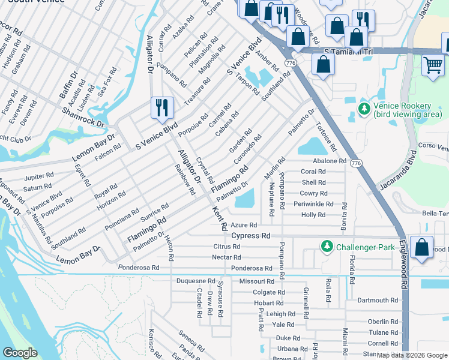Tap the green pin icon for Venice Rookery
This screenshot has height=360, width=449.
(x=363, y=109)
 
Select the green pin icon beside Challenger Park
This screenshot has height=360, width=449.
(x=327, y=247)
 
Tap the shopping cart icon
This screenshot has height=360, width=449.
(x=433, y=64)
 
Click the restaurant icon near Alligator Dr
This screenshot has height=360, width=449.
(x=162, y=107)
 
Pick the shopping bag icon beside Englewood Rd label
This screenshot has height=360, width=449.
(x=422, y=249)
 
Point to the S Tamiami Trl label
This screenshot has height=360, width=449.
(x=348, y=52)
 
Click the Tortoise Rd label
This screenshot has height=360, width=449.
(x=325, y=138)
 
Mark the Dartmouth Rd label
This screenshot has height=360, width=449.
(x=378, y=300)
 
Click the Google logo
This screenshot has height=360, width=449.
(x=20, y=353)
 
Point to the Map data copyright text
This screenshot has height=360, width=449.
(x=412, y=355)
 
